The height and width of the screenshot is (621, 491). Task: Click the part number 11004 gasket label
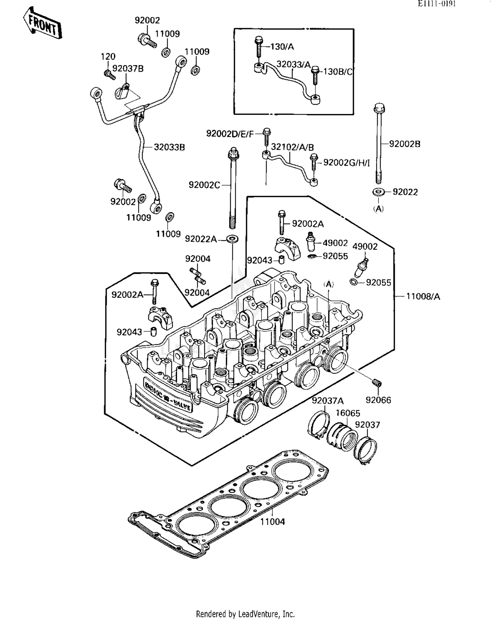point(272,522)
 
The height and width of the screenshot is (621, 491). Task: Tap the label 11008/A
point(423,297)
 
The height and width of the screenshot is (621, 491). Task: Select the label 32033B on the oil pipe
point(169,148)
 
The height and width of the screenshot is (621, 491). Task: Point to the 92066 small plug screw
point(377,382)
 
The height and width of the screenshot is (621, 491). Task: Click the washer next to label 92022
point(378,192)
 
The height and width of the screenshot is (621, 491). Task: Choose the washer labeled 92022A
point(232,239)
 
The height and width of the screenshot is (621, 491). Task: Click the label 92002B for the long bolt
point(405,144)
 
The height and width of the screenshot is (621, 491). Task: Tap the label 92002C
point(204,185)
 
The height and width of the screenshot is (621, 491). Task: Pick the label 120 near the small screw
point(108,57)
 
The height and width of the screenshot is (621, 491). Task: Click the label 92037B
point(128,69)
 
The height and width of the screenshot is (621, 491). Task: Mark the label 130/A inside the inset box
point(282,47)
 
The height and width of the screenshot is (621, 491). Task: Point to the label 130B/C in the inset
point(338,72)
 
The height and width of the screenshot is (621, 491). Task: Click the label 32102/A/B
point(292,147)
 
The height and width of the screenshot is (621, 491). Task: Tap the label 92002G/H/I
point(346,163)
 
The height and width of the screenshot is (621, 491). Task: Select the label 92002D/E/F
point(230,134)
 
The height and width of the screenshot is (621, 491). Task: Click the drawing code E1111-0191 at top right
point(437,4)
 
